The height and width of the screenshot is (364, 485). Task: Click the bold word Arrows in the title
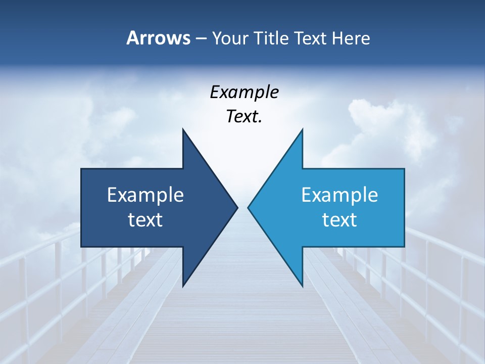point(158,38)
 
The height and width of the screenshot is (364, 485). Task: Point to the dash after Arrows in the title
point(201,39)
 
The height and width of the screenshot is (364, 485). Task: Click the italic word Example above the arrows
point(244,93)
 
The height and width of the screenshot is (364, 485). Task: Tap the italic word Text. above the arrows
point(244,117)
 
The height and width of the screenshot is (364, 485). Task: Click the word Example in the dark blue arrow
point(145,195)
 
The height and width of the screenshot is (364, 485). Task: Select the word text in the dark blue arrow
point(145,220)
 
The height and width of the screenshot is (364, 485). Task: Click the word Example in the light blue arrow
point(339,195)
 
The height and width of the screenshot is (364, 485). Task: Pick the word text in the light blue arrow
point(339,220)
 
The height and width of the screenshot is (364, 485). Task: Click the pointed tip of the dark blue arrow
point(237,207)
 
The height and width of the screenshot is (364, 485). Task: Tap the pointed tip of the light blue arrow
point(248,207)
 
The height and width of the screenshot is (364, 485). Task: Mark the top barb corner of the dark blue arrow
point(183,129)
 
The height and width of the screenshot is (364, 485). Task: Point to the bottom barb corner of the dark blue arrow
point(183,286)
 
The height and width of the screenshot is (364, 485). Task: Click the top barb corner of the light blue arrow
point(302,129)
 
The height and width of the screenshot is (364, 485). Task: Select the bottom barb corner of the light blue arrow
point(302,286)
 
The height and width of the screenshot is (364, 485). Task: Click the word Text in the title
point(310,38)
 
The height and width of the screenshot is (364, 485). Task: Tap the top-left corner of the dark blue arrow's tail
point(81,169)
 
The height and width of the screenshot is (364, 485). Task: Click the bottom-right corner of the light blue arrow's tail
point(404,246)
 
